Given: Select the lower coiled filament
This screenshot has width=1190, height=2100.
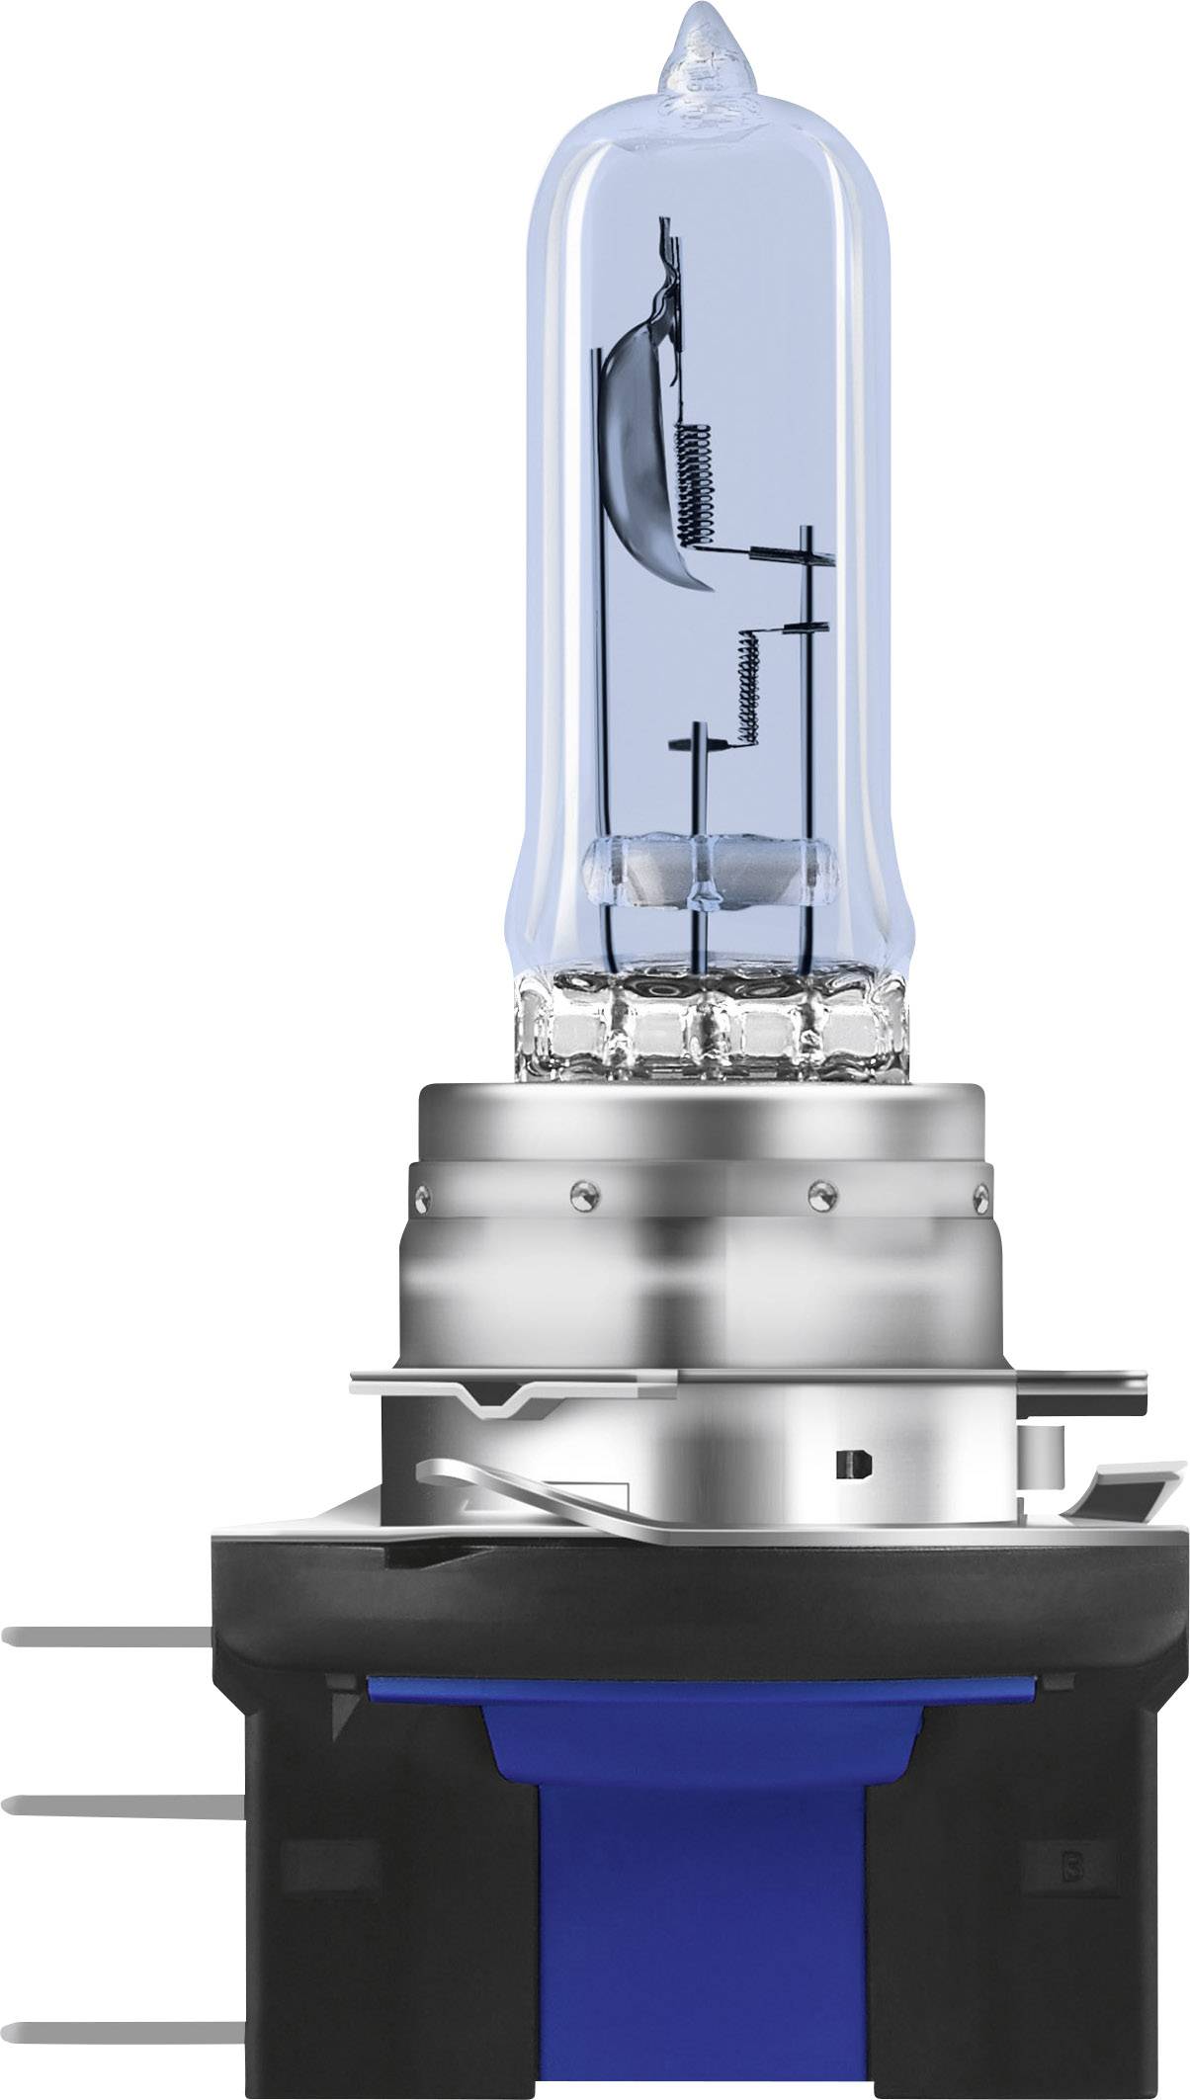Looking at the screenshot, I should tap(749, 689).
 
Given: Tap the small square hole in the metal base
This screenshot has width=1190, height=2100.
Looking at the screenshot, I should tap(849, 1464).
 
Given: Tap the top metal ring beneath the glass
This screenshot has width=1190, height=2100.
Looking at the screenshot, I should tap(704, 1117).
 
